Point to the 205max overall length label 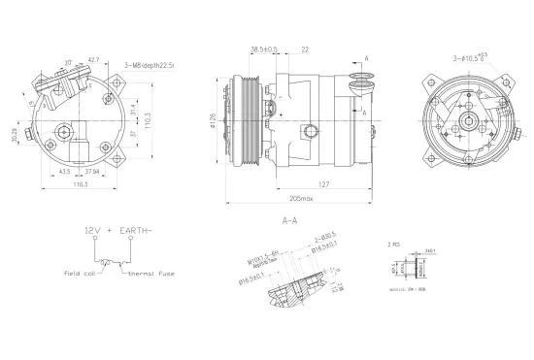(x=300, y=201)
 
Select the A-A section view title (x=289, y=221)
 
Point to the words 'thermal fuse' (x=153, y=274)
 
